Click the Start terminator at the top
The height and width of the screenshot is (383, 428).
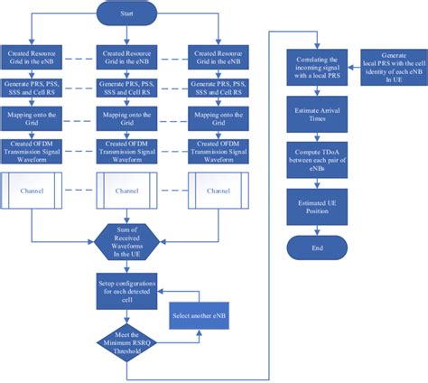pyautogui.click(x=126, y=14)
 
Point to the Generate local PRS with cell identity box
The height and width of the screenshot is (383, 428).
pyautogui.click(x=394, y=67)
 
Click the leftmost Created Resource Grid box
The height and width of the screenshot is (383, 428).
pyautogui.click(x=33, y=57)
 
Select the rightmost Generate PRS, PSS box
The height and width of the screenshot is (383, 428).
pyautogui.click(x=218, y=89)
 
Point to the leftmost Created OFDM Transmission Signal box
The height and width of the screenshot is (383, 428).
pyautogui.click(x=33, y=150)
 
